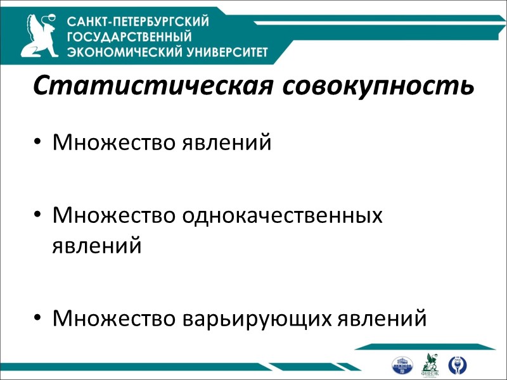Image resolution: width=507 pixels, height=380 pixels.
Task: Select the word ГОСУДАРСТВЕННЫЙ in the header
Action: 129,37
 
